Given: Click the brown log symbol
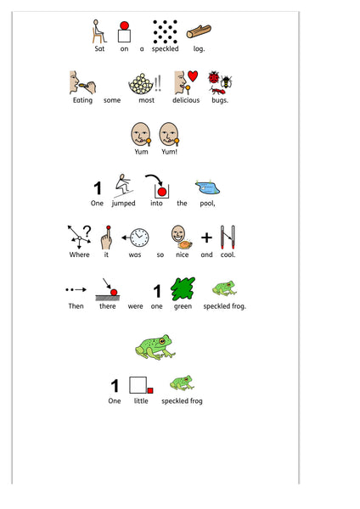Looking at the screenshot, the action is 199,31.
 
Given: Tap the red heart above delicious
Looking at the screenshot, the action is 193,76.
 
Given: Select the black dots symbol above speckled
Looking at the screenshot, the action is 166,31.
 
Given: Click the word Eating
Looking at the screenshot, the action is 82,100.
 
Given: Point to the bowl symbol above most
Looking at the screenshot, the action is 141,84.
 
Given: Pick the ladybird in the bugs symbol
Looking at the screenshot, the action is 214,77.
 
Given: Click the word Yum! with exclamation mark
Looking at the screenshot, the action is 169,152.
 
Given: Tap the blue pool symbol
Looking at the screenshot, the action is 208,187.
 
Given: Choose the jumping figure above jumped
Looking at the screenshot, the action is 122,186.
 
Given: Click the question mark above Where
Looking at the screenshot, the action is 87,231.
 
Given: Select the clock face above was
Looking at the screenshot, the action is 140,238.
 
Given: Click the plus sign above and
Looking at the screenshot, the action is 206,238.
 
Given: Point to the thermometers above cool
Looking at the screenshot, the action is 228,237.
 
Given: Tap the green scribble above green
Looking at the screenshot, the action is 183,288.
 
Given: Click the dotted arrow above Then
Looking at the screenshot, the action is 76,289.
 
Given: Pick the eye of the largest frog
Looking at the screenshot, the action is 162,341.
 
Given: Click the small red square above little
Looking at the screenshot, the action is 150,390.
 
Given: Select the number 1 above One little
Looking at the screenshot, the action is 115,386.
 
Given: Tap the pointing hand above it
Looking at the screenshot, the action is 106,238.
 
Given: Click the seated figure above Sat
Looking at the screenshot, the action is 98,31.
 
